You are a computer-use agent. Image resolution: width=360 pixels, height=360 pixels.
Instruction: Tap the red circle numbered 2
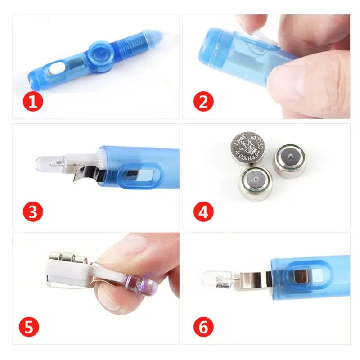click(203, 102)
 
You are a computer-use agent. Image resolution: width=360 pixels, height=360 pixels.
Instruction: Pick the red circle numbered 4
click(203, 212)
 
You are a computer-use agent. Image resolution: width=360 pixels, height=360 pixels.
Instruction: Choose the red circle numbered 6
click(203, 327)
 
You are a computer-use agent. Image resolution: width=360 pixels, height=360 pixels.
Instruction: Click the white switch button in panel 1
click(56, 69)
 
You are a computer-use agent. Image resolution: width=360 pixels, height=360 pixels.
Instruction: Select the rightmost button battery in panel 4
click(290, 161)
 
